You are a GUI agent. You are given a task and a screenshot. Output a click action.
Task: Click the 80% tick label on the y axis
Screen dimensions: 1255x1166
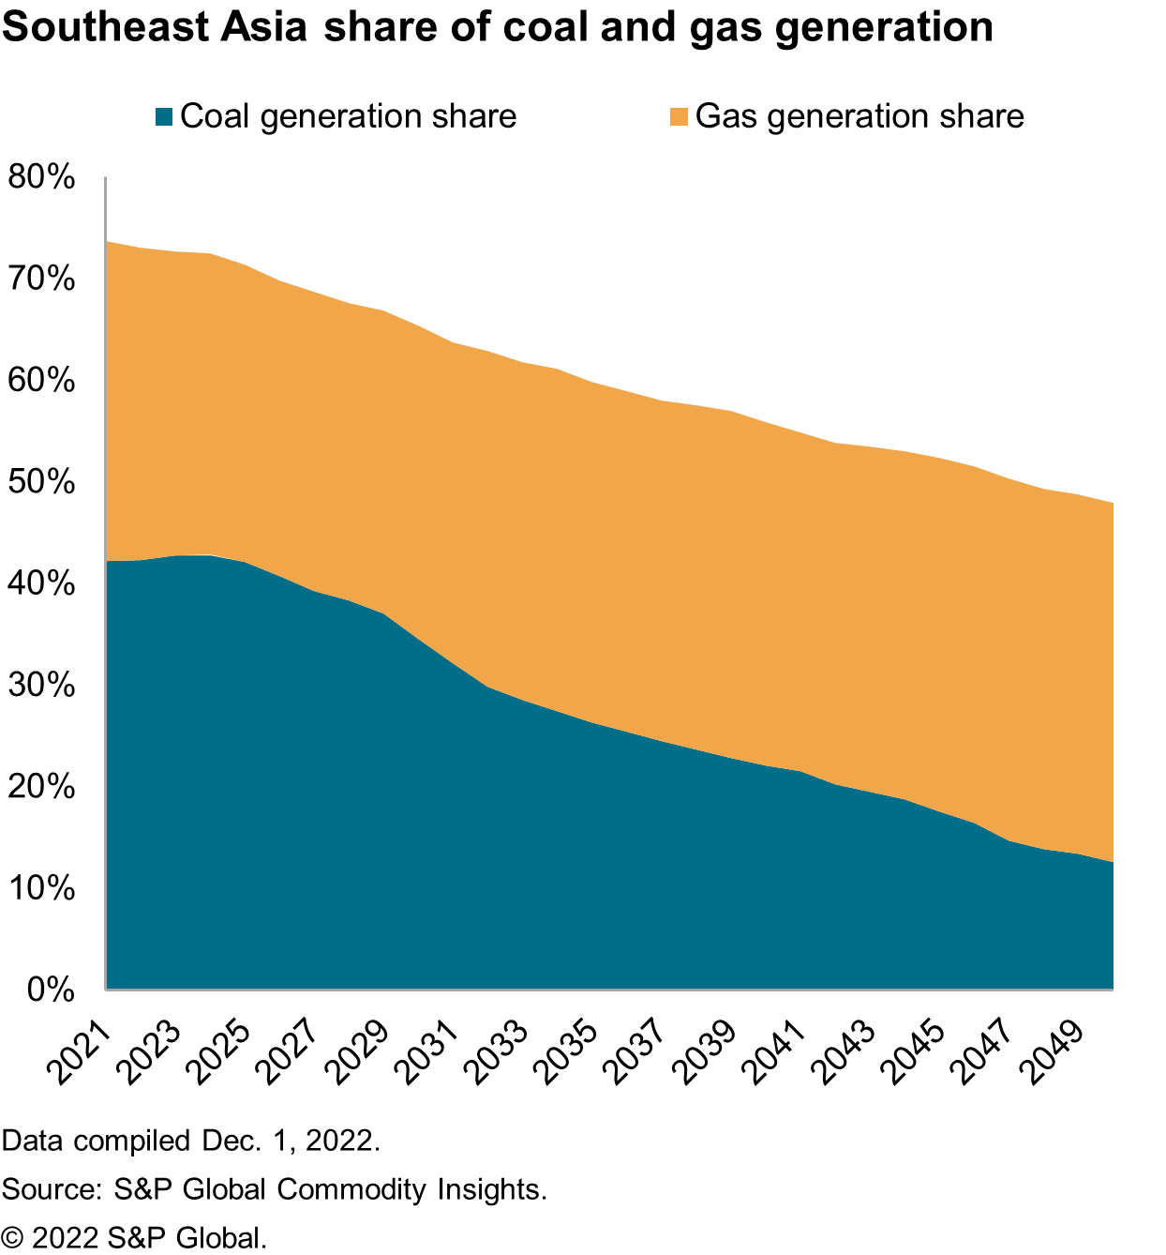click(x=40, y=177)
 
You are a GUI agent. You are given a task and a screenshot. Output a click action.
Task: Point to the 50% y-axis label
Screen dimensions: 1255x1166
click(x=40, y=482)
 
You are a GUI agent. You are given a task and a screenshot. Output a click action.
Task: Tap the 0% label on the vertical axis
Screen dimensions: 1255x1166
click(x=50, y=990)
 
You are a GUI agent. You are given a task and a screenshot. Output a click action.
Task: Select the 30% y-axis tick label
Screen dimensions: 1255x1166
click(x=40, y=685)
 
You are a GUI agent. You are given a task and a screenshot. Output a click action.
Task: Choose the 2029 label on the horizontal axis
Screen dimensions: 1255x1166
click(x=357, y=1054)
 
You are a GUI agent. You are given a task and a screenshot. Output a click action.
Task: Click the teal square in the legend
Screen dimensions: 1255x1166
click(x=164, y=117)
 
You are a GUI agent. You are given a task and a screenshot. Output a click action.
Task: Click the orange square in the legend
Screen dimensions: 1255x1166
click(x=679, y=117)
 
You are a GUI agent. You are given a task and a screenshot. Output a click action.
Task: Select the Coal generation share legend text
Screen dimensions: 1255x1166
click(x=348, y=116)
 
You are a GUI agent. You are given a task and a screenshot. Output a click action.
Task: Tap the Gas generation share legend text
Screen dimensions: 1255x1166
click(x=860, y=116)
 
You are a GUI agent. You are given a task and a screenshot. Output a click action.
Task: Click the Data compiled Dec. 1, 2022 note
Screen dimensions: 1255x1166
click(x=191, y=1142)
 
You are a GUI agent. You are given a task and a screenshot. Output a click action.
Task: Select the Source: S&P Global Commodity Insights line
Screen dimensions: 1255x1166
click(x=275, y=1189)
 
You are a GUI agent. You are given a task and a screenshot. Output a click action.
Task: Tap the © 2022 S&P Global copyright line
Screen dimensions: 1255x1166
click(x=135, y=1237)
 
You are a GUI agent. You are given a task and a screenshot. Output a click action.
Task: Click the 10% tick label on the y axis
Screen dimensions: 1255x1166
click(x=40, y=888)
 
